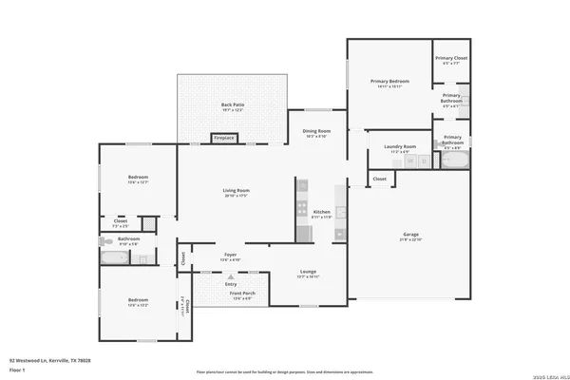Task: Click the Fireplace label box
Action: pyautogui.click(x=224, y=139)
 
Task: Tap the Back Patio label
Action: pyautogui.click(x=233, y=104)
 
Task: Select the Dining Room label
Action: pyautogui.click(x=316, y=130)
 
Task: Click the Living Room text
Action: pyautogui.click(x=236, y=191)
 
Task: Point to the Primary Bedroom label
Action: pyautogui.click(x=389, y=82)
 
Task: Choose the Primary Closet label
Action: pyautogui.click(x=451, y=59)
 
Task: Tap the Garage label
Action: pyautogui.click(x=410, y=234)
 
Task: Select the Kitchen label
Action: pyautogui.click(x=322, y=211)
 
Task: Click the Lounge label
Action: pyautogui.click(x=307, y=273)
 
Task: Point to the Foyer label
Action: pyautogui.click(x=231, y=254)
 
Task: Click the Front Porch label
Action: pyautogui.click(x=241, y=294)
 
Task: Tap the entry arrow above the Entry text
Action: pyautogui.click(x=229, y=276)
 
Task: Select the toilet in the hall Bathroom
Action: pyautogui.click(x=103, y=243)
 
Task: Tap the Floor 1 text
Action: pyautogui.click(x=18, y=370)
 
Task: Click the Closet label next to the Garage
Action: pyautogui.click(x=379, y=179)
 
